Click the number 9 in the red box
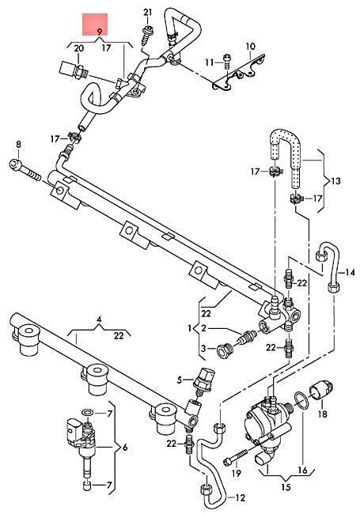[x=100, y=32]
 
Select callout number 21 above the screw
[x=148, y=13]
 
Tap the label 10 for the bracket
[x=250, y=46]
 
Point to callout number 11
[x=210, y=62]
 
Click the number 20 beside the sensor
[x=78, y=48]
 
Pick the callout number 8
[x=18, y=144]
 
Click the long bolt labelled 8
[x=25, y=171]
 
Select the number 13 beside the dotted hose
[x=335, y=180]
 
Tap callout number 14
[x=351, y=272]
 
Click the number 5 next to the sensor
[x=180, y=380]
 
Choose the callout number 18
[x=323, y=414]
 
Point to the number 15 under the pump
[x=286, y=487]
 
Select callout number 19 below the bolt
[x=236, y=473]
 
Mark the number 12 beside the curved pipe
[x=241, y=497]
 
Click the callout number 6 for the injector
[x=124, y=447]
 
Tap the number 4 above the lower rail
[x=100, y=319]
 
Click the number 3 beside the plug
[x=203, y=348]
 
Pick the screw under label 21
[x=146, y=37]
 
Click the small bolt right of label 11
[x=227, y=62]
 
